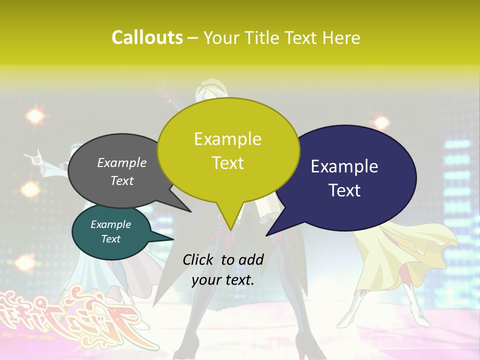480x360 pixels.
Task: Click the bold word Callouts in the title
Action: [147, 37]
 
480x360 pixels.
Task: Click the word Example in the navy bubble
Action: [344, 166]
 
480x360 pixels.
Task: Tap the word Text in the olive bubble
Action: [228, 163]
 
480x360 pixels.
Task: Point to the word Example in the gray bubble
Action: [122, 162]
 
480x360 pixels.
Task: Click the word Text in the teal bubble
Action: [111, 239]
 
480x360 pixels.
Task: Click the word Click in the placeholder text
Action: [199, 259]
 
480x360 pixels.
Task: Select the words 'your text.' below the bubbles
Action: [223, 280]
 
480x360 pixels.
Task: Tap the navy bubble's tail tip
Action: [267, 235]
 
